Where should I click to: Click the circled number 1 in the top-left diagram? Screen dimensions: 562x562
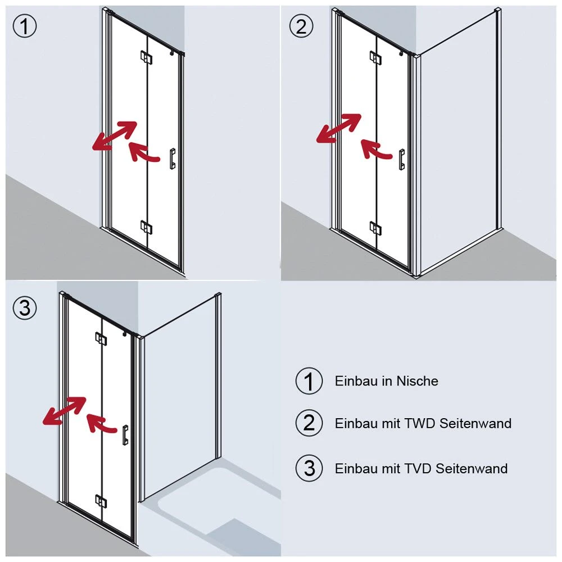point(25,26)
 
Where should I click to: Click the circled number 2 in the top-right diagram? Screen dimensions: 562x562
point(301,26)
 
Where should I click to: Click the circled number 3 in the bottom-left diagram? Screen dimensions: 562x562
point(25,307)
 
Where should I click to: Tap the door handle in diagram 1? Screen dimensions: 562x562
point(173,158)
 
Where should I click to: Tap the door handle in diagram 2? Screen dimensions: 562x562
point(402,160)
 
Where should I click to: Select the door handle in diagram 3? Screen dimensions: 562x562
point(125,435)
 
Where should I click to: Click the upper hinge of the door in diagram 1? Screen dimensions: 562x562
point(146,57)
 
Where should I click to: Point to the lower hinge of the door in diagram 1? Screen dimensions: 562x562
point(146,227)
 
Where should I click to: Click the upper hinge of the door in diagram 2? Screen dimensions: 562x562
point(375,57)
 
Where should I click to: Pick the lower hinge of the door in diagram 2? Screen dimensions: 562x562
point(375,228)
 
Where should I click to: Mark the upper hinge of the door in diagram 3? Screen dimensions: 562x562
point(101,339)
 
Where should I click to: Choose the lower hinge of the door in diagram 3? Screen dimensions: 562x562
point(101,501)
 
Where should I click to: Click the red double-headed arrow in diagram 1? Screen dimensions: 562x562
point(115,135)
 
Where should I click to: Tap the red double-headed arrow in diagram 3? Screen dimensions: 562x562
point(65,411)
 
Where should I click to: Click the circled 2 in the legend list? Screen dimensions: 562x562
point(309,423)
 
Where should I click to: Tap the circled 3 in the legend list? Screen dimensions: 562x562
point(309,468)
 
